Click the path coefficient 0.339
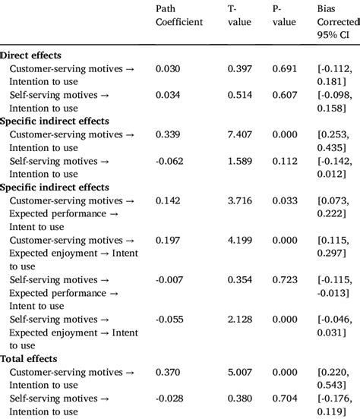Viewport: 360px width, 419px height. click(x=169, y=134)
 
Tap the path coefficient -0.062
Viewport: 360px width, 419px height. click(x=170, y=161)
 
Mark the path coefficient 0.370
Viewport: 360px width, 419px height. click(x=169, y=372)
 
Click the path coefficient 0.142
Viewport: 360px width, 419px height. click(x=169, y=201)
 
